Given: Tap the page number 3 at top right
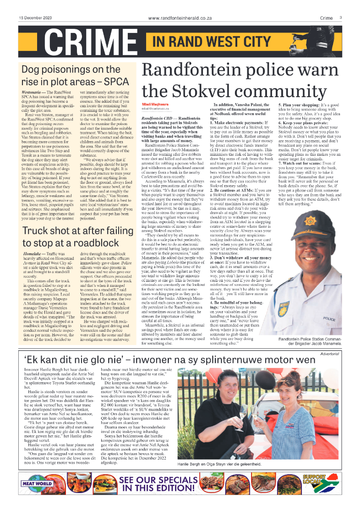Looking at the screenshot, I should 341,17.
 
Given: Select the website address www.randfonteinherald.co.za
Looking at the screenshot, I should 180,18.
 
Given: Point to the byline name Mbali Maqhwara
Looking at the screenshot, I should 155,105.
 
